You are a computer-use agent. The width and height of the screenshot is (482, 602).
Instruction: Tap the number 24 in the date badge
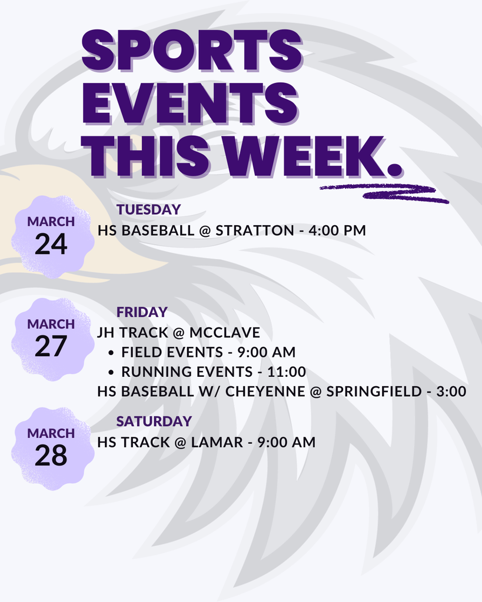pyautogui.click(x=51, y=245)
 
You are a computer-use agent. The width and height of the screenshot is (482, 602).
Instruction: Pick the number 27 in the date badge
pyautogui.click(x=51, y=347)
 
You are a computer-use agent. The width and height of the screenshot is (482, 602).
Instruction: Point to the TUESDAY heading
pyautogui.click(x=148, y=210)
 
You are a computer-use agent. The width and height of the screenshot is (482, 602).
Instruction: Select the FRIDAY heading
pyautogui.click(x=142, y=312)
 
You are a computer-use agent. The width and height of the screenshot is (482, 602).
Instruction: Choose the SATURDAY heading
pyautogui.click(x=154, y=422)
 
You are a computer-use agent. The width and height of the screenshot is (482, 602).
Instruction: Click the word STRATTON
pyautogui.click(x=254, y=230)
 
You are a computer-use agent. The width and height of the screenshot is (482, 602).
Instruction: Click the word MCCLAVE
pyautogui.click(x=224, y=333)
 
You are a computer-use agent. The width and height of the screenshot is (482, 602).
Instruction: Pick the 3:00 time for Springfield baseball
pyautogui.click(x=451, y=392)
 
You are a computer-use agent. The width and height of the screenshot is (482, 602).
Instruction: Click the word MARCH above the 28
pyautogui.click(x=51, y=434)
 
